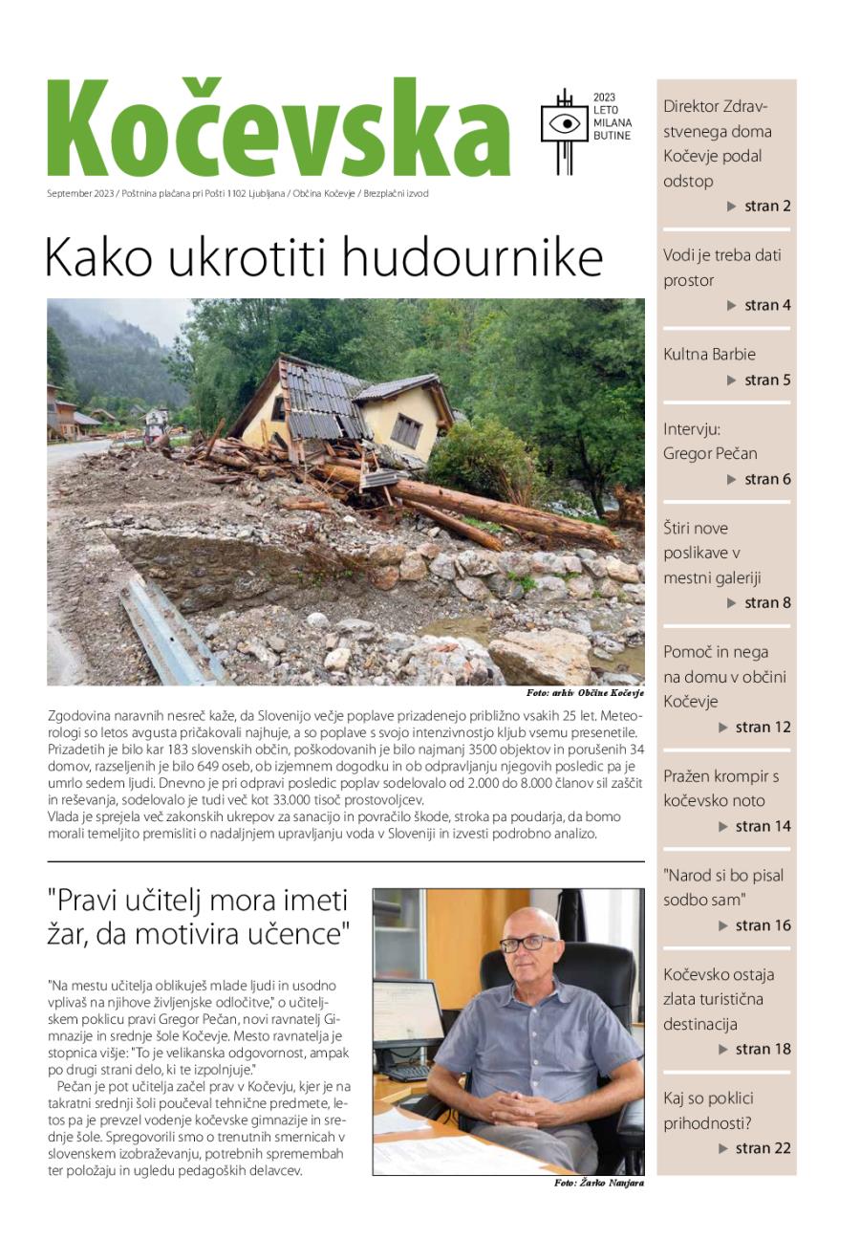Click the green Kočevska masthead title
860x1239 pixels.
click(x=277, y=129)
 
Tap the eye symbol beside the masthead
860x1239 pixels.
click(x=565, y=123)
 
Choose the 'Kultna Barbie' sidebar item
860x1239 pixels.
click(x=709, y=354)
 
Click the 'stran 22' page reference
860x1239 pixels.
click(x=763, y=1148)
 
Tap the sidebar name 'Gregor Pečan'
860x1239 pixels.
click(x=710, y=453)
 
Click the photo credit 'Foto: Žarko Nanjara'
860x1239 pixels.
click(x=598, y=1184)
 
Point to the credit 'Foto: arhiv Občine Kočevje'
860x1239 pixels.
click(x=585, y=692)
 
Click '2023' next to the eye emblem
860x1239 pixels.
click(x=604, y=98)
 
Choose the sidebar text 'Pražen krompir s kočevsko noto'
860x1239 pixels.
click(x=720, y=788)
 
